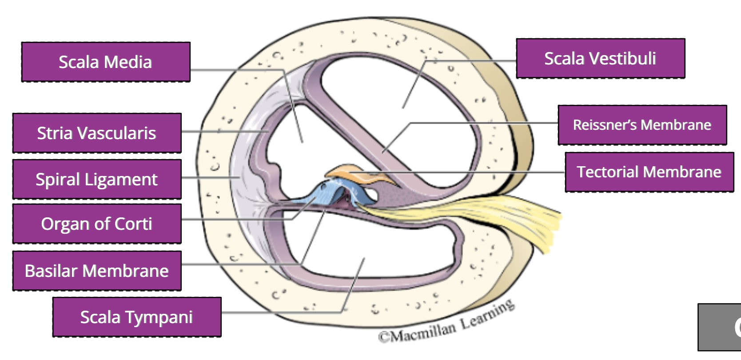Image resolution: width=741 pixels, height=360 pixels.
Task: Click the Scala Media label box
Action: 106,62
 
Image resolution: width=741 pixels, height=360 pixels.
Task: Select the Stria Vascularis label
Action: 97,133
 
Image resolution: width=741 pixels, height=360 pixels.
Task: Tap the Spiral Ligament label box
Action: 97,179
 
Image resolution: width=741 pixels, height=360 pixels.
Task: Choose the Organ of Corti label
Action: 97,224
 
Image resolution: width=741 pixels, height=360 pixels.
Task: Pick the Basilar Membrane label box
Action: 97,271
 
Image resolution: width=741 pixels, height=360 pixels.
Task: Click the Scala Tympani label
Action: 137,317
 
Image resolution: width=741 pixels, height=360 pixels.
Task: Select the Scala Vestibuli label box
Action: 600,58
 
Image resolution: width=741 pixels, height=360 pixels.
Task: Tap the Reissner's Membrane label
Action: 642,125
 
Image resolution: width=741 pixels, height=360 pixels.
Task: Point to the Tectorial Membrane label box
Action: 649,172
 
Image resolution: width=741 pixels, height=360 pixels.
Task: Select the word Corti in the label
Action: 133,224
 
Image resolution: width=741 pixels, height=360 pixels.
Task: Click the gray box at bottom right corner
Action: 720,327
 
